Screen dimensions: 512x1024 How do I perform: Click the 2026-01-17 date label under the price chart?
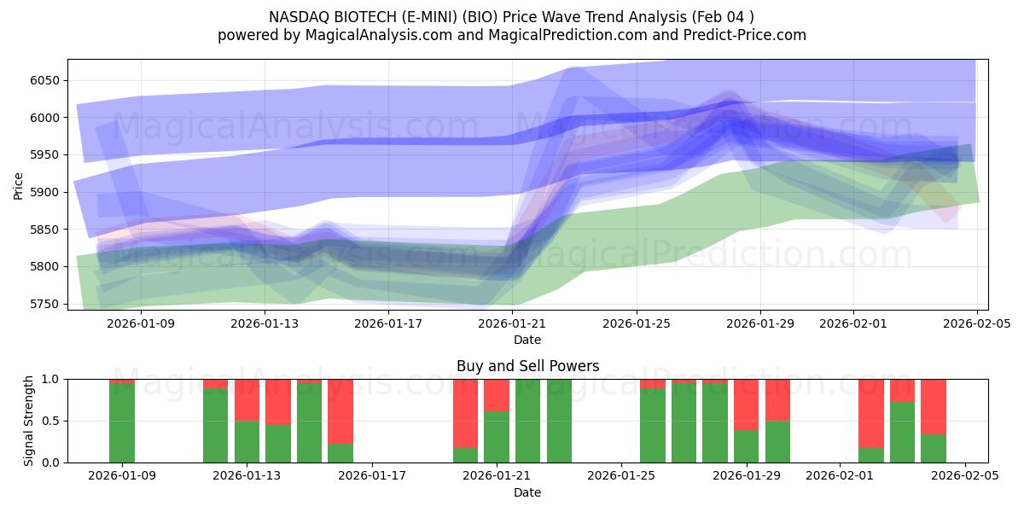pyautogui.click(x=388, y=323)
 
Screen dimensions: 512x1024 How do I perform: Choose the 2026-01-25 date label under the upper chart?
pyautogui.click(x=637, y=323)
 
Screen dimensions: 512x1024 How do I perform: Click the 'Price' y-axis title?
pyautogui.click(x=19, y=184)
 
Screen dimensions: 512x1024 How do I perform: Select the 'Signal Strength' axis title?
pyautogui.click(x=28, y=421)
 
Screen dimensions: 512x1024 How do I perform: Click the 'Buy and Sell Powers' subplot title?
pyautogui.click(x=527, y=366)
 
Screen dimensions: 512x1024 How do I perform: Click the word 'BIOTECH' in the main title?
pyautogui.click(x=360, y=16)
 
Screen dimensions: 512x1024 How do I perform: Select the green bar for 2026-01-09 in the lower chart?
pyautogui.click(x=122, y=422)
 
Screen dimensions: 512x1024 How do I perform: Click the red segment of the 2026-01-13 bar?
pyautogui.click(x=247, y=399)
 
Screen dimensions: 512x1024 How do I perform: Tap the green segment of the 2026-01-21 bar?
pyautogui.click(x=497, y=437)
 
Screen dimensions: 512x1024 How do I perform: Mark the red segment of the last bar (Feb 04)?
pyautogui.click(x=934, y=406)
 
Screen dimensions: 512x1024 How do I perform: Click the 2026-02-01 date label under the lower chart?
pyautogui.click(x=840, y=475)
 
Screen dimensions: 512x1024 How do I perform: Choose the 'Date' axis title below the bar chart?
pyautogui.click(x=527, y=492)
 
